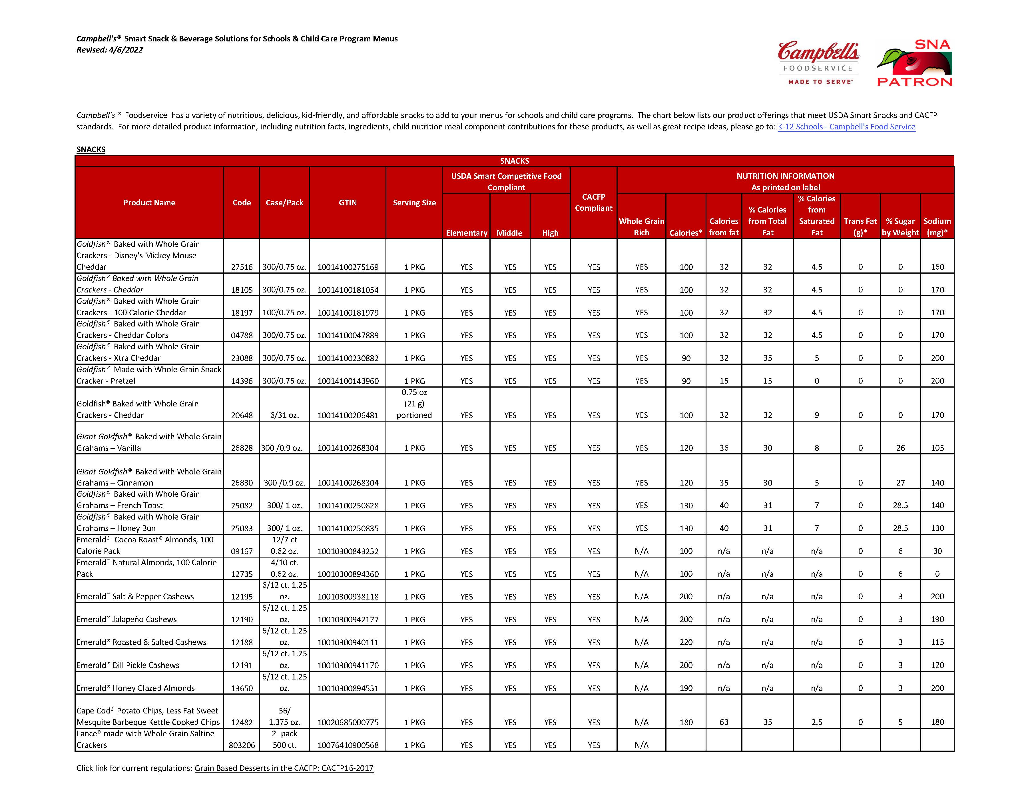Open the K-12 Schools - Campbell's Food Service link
[x=846, y=127]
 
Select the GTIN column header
[x=348, y=202]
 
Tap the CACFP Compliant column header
[x=593, y=202]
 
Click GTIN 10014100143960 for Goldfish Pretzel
[x=348, y=381]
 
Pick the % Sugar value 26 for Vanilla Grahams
[x=900, y=448]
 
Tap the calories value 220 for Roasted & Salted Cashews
[x=686, y=642]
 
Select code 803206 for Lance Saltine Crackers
[x=242, y=745]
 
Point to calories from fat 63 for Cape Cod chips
[x=723, y=722]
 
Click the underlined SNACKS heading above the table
[x=91, y=150]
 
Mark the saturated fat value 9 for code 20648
[x=816, y=415]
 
